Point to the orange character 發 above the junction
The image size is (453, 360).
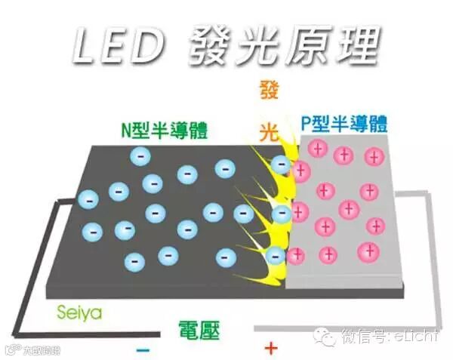point(269,92)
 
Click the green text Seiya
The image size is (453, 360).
point(79,311)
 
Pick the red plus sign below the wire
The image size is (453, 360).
point(270,348)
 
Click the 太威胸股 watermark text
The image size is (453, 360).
point(42,350)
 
